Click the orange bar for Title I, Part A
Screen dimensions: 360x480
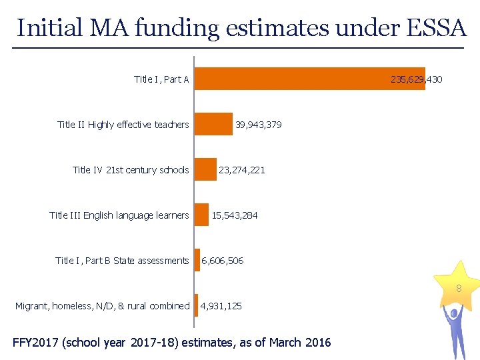pyautogui.click(x=309, y=79)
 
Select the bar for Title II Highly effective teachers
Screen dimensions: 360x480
pyautogui.click(x=213, y=124)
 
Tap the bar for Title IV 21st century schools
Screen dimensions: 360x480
pyautogui.click(x=205, y=169)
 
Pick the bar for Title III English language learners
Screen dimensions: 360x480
pyautogui.click(x=201, y=215)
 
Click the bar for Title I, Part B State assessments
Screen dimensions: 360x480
pyautogui.click(x=197, y=260)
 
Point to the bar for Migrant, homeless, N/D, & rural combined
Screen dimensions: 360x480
pyautogui.click(x=196, y=305)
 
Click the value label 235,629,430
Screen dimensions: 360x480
pyautogui.click(x=416, y=79)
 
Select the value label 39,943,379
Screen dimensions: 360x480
pyautogui.click(x=258, y=125)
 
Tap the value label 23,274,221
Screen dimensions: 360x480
pyautogui.click(x=241, y=170)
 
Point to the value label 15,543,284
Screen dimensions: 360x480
pyautogui.click(x=234, y=215)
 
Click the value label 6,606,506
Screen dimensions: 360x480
pyautogui.click(x=222, y=261)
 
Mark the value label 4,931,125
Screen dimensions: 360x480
pyautogui.click(x=221, y=306)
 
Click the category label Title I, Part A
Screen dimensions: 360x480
pyautogui.click(x=161, y=79)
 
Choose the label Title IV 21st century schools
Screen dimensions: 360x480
pyautogui.click(x=131, y=170)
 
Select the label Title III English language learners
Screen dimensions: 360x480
pyautogui.click(x=119, y=215)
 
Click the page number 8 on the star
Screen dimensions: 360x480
pyautogui.click(x=459, y=289)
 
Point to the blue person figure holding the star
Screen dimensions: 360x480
pyautogui.click(x=455, y=331)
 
